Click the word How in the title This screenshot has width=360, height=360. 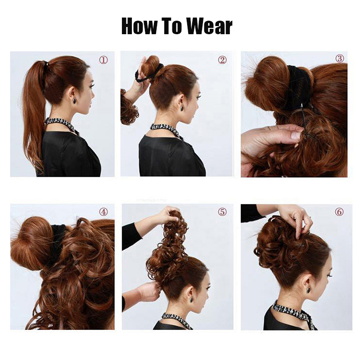[x=139, y=26]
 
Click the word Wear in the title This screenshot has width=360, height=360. [x=209, y=26]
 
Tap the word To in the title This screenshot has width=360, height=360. [x=171, y=26]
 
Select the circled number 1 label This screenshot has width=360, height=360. [x=103, y=60]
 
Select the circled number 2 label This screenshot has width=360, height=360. [x=222, y=60]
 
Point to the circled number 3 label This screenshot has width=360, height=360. [x=340, y=58]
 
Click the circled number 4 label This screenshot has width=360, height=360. [x=103, y=211]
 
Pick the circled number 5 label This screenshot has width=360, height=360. [x=222, y=211]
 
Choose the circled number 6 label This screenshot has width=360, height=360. [x=339, y=211]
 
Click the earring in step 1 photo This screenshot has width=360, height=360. [x=75, y=101]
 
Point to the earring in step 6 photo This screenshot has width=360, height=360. [x=308, y=290]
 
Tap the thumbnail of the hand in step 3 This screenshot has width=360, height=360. [x=296, y=135]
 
